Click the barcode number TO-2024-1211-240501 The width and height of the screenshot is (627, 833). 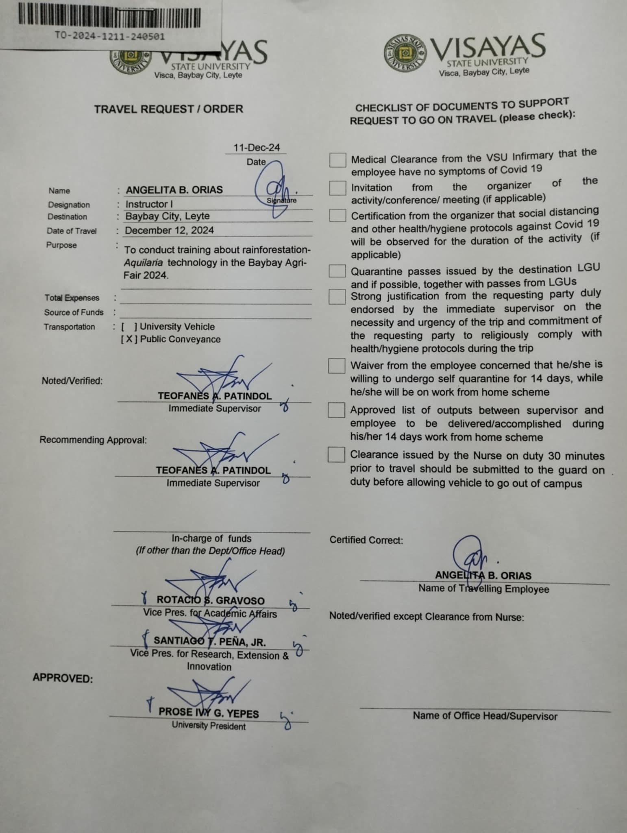(110, 36)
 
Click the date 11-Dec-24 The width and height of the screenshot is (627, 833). (257, 147)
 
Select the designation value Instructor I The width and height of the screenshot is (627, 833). (146, 204)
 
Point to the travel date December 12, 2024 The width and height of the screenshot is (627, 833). (169, 230)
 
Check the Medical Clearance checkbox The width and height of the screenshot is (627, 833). (337, 160)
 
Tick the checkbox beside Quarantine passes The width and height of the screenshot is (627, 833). (337, 270)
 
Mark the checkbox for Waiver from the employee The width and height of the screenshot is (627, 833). (337, 366)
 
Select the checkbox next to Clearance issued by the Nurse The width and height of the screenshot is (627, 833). (336, 454)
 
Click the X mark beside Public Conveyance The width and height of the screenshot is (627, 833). (128, 339)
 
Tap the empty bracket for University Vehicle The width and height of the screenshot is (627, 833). (129, 327)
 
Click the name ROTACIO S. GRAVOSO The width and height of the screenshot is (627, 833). (210, 600)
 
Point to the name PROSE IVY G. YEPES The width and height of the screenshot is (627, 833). (209, 712)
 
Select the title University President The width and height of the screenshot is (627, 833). (209, 726)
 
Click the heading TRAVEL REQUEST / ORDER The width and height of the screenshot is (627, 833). (169, 109)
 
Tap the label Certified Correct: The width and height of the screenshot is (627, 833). (366, 540)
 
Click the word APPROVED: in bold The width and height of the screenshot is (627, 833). (63, 678)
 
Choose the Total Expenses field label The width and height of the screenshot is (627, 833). (72, 298)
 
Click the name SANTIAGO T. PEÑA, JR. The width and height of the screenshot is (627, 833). (209, 642)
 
